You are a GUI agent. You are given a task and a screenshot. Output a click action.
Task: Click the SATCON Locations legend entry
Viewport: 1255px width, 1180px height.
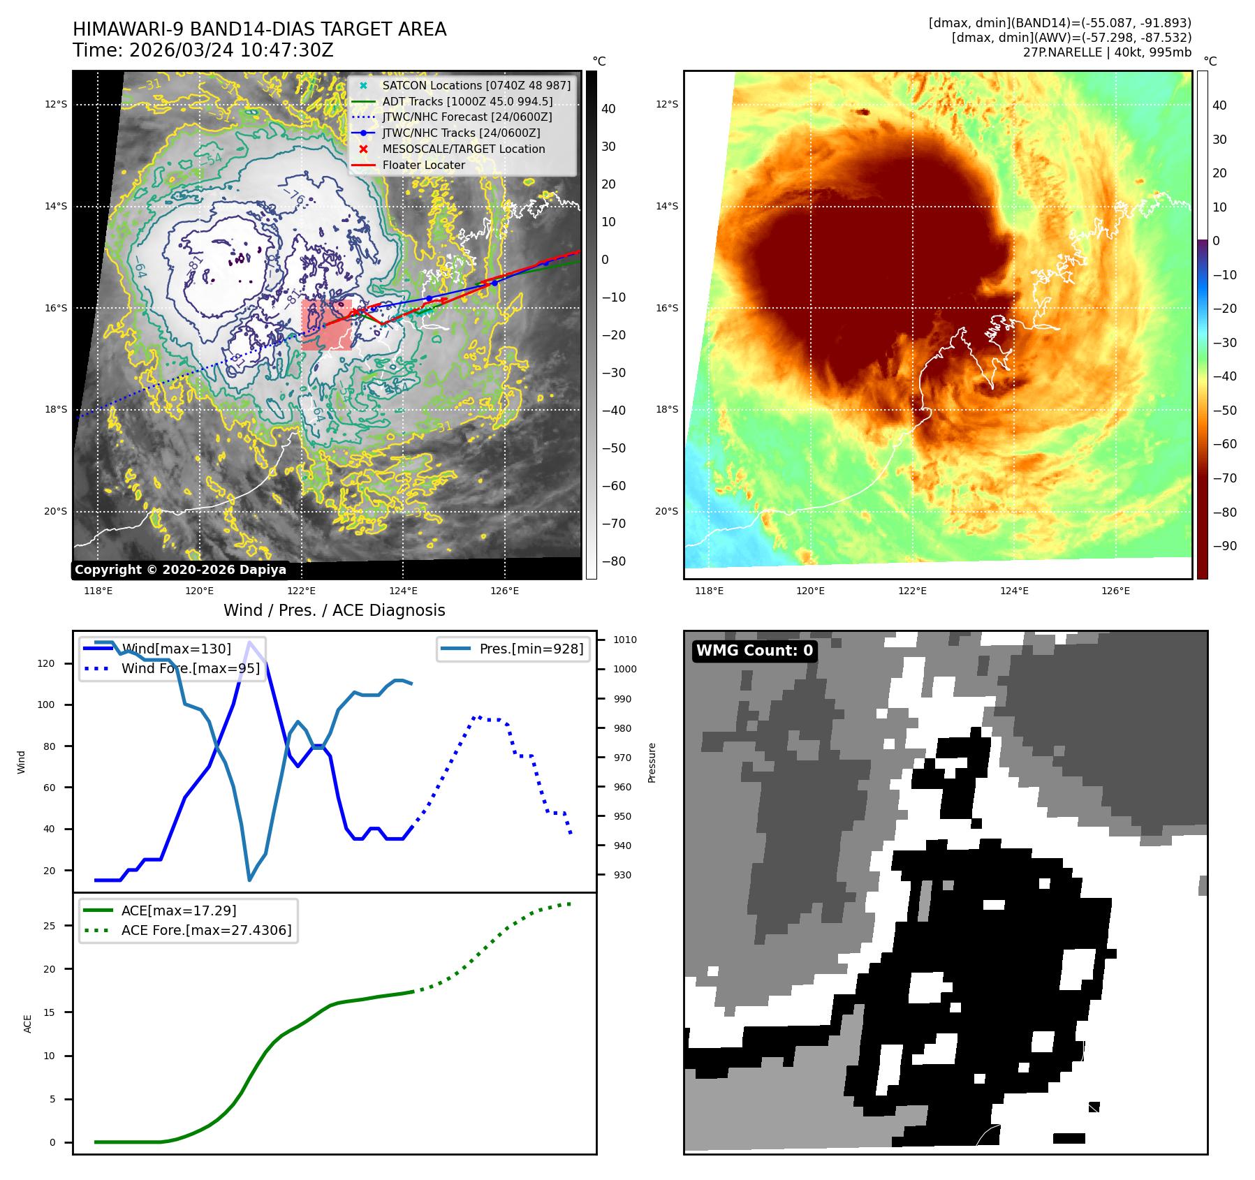point(476,85)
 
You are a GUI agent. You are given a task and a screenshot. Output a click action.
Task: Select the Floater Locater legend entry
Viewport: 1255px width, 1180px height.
point(423,165)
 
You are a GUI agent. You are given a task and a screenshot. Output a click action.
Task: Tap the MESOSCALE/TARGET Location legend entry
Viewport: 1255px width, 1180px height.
point(463,149)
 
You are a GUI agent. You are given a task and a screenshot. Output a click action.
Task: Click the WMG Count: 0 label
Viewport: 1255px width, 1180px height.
point(754,651)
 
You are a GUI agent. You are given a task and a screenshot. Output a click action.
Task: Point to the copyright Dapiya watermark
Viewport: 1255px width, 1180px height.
point(180,570)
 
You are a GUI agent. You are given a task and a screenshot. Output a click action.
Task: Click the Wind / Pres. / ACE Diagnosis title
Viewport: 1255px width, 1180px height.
point(334,610)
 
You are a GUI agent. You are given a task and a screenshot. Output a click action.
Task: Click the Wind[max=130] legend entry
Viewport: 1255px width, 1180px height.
point(176,649)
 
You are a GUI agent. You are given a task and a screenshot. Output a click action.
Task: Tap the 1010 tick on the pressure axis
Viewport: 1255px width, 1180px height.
point(624,640)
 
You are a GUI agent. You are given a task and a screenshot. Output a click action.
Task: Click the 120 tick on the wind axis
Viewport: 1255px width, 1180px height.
point(46,663)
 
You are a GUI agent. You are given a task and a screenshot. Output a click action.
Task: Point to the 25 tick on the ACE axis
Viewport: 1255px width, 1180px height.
point(49,926)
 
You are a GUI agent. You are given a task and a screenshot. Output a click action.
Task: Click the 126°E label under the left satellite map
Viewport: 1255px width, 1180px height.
point(504,591)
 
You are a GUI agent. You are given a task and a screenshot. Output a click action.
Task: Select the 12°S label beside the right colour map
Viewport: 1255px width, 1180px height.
point(666,104)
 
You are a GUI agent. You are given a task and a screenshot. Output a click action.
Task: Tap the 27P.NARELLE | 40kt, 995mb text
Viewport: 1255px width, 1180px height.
point(1107,52)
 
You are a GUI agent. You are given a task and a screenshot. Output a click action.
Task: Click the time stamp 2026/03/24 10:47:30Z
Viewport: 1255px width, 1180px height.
point(231,50)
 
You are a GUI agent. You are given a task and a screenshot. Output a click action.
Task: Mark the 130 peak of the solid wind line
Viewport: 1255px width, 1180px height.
point(249,642)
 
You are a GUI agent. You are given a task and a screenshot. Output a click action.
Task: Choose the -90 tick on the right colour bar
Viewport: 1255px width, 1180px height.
point(1224,546)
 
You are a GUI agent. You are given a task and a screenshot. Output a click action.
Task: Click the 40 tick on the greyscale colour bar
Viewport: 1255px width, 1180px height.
point(608,109)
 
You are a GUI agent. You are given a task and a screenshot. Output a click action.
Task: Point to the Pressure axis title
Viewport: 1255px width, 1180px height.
point(652,762)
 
